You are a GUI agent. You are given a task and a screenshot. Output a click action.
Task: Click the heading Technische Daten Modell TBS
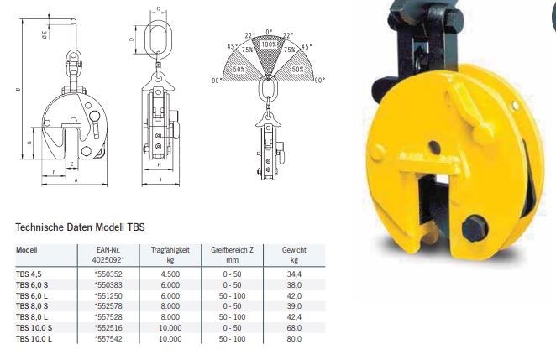(80, 227)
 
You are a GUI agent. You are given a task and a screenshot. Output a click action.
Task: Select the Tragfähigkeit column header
(170, 255)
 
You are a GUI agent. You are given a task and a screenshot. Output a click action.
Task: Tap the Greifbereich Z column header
(233, 255)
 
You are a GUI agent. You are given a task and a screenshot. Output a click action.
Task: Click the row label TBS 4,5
(29, 274)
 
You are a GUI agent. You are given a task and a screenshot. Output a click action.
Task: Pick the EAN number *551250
(108, 296)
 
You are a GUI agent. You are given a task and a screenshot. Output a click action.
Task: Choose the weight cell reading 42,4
(294, 317)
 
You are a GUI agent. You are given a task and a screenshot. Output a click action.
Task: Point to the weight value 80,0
(294, 339)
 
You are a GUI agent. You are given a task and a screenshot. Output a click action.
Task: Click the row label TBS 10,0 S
(34, 328)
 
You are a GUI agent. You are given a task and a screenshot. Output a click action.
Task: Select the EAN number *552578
(108, 306)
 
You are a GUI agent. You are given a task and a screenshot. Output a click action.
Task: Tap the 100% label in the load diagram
(269, 44)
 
